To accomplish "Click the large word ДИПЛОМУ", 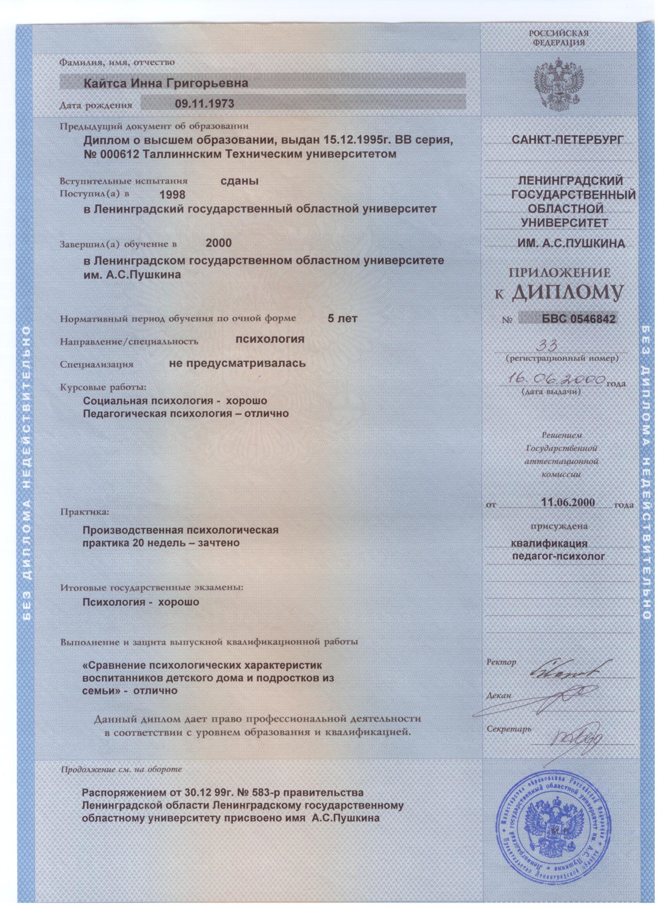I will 567,293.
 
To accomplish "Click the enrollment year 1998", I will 172,195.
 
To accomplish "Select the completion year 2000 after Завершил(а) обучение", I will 218,243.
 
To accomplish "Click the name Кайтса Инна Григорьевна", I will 165,83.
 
